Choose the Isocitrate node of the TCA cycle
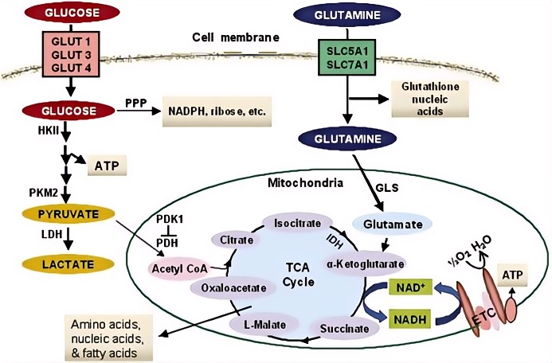(x=294, y=222)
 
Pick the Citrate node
(x=231, y=240)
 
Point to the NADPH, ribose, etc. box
(x=215, y=111)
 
